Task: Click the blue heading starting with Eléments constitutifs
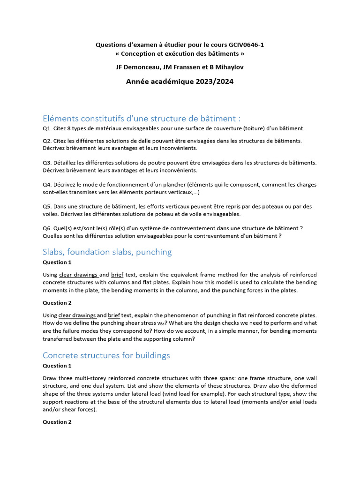pyautogui.click(x=142, y=118)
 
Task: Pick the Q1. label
pyautogui.click(x=47, y=128)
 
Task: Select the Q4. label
pyautogui.click(x=47, y=185)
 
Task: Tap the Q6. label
pyautogui.click(x=47, y=228)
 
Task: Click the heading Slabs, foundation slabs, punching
pyautogui.click(x=107, y=252)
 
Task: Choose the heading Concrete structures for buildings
pyautogui.click(x=106, y=355)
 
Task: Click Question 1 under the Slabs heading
pyautogui.click(x=57, y=262)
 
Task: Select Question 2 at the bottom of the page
pyautogui.click(x=57, y=422)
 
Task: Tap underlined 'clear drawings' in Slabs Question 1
pyautogui.click(x=78, y=275)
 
